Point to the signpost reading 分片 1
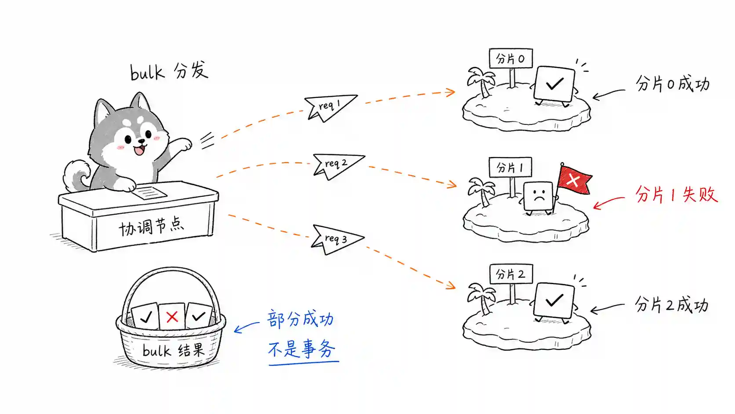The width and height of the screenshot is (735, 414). [510, 176]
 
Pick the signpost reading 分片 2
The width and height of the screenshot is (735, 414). [511, 283]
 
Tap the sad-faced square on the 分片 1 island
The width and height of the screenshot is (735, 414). [538, 197]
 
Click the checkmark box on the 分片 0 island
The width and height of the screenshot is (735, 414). [554, 85]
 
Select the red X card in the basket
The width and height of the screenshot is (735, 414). [171, 316]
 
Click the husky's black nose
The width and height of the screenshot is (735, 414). [141, 142]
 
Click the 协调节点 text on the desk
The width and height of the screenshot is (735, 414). [151, 227]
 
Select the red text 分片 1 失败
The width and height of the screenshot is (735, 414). [677, 194]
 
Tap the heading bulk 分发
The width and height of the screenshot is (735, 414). [169, 70]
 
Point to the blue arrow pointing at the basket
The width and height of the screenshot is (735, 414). [247, 327]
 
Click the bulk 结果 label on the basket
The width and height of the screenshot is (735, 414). [174, 350]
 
